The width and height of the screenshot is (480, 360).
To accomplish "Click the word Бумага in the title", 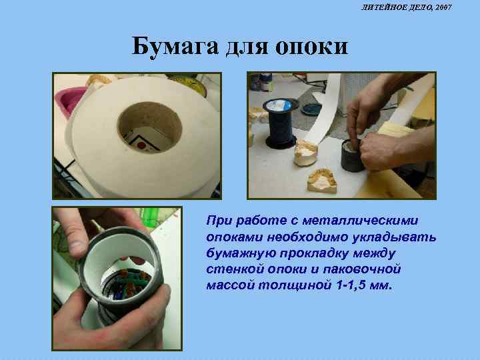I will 175,46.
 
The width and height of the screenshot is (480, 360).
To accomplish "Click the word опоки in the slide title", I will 312,47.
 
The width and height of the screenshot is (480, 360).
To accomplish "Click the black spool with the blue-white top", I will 279,123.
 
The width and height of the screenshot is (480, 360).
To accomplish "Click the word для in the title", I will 248,47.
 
